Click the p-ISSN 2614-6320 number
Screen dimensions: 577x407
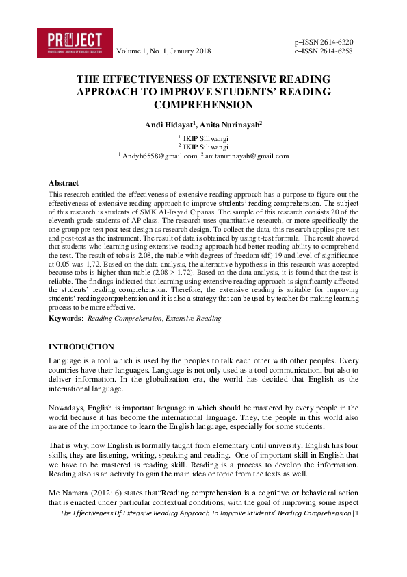324,42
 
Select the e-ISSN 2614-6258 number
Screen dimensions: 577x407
324,51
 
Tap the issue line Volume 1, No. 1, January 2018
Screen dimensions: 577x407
163,51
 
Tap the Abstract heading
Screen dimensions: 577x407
64,184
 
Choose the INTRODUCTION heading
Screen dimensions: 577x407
81,347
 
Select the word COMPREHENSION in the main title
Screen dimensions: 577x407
204,105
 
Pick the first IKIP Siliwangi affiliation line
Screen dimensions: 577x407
205,138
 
